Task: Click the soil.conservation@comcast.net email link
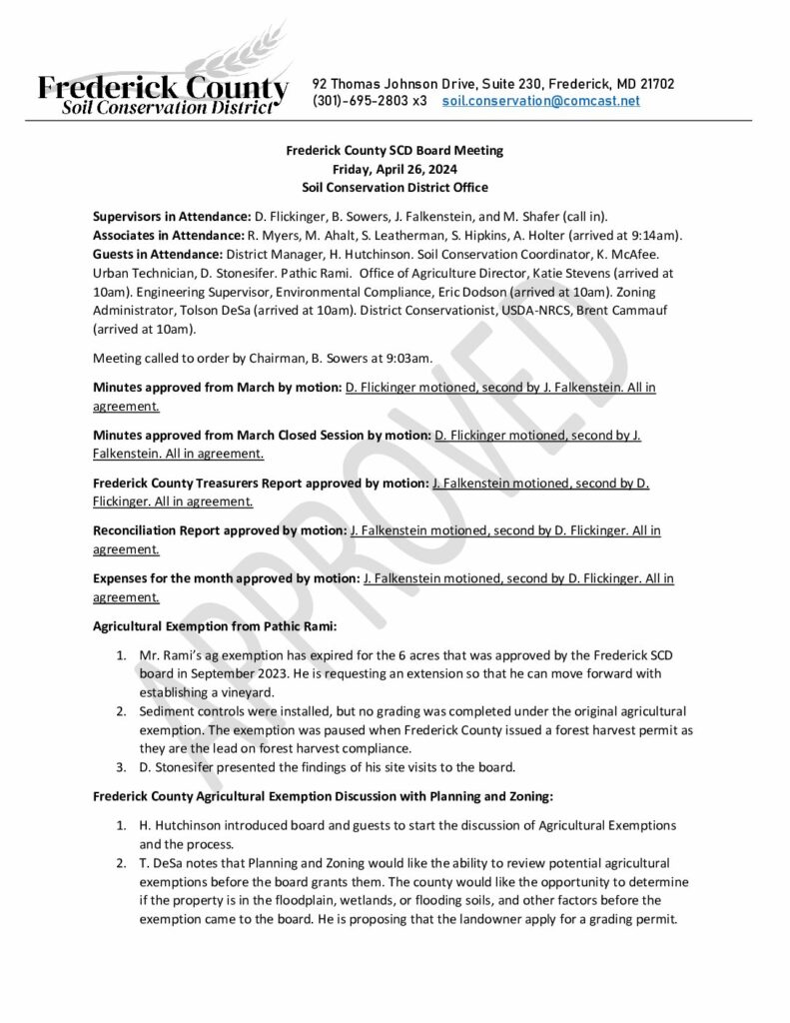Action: tap(540, 102)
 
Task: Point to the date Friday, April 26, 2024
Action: tap(395, 169)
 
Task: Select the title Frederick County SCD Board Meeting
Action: tap(395, 151)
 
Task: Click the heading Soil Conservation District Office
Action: tap(395, 187)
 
